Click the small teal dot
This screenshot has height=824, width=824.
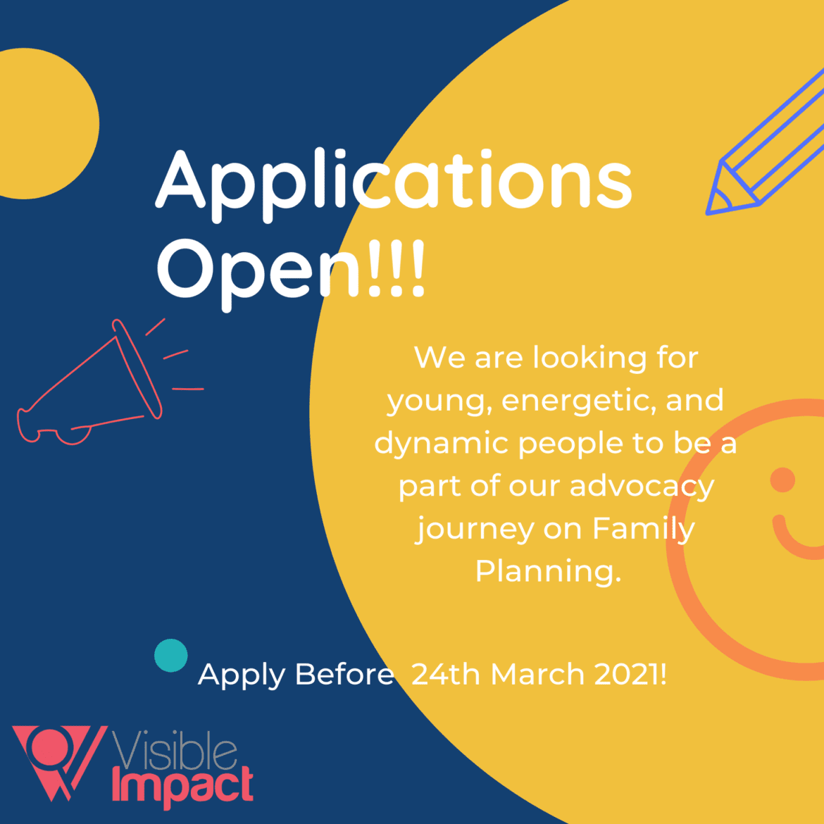(171, 656)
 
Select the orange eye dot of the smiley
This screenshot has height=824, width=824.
(782, 480)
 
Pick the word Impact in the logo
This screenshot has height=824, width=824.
(182, 786)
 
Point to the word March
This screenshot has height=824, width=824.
(537, 675)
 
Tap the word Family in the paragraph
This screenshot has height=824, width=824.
(643, 529)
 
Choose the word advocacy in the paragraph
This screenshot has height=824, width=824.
(642, 487)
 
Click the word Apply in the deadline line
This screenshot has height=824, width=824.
(241, 675)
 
